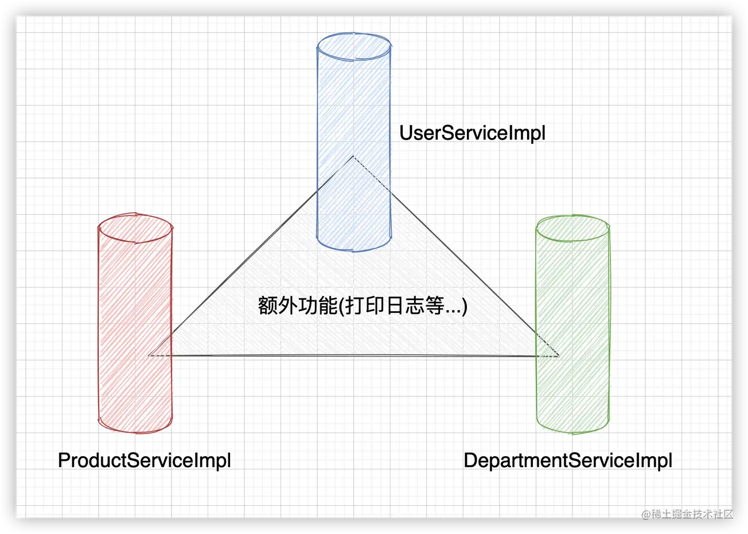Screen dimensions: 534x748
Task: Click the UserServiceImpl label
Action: click(472, 133)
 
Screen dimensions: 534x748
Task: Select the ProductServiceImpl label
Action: click(145, 460)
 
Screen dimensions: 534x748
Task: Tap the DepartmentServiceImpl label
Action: click(568, 460)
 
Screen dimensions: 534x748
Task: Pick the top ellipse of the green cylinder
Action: click(572, 228)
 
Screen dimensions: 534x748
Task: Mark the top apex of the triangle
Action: click(353, 157)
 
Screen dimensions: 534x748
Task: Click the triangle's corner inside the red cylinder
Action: click(150, 355)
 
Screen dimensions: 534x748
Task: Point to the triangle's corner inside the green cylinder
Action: click(558, 356)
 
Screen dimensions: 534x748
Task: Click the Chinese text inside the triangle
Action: click(363, 305)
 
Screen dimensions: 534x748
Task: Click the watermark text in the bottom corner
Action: click(687, 513)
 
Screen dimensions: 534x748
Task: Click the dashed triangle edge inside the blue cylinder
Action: click(371, 174)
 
